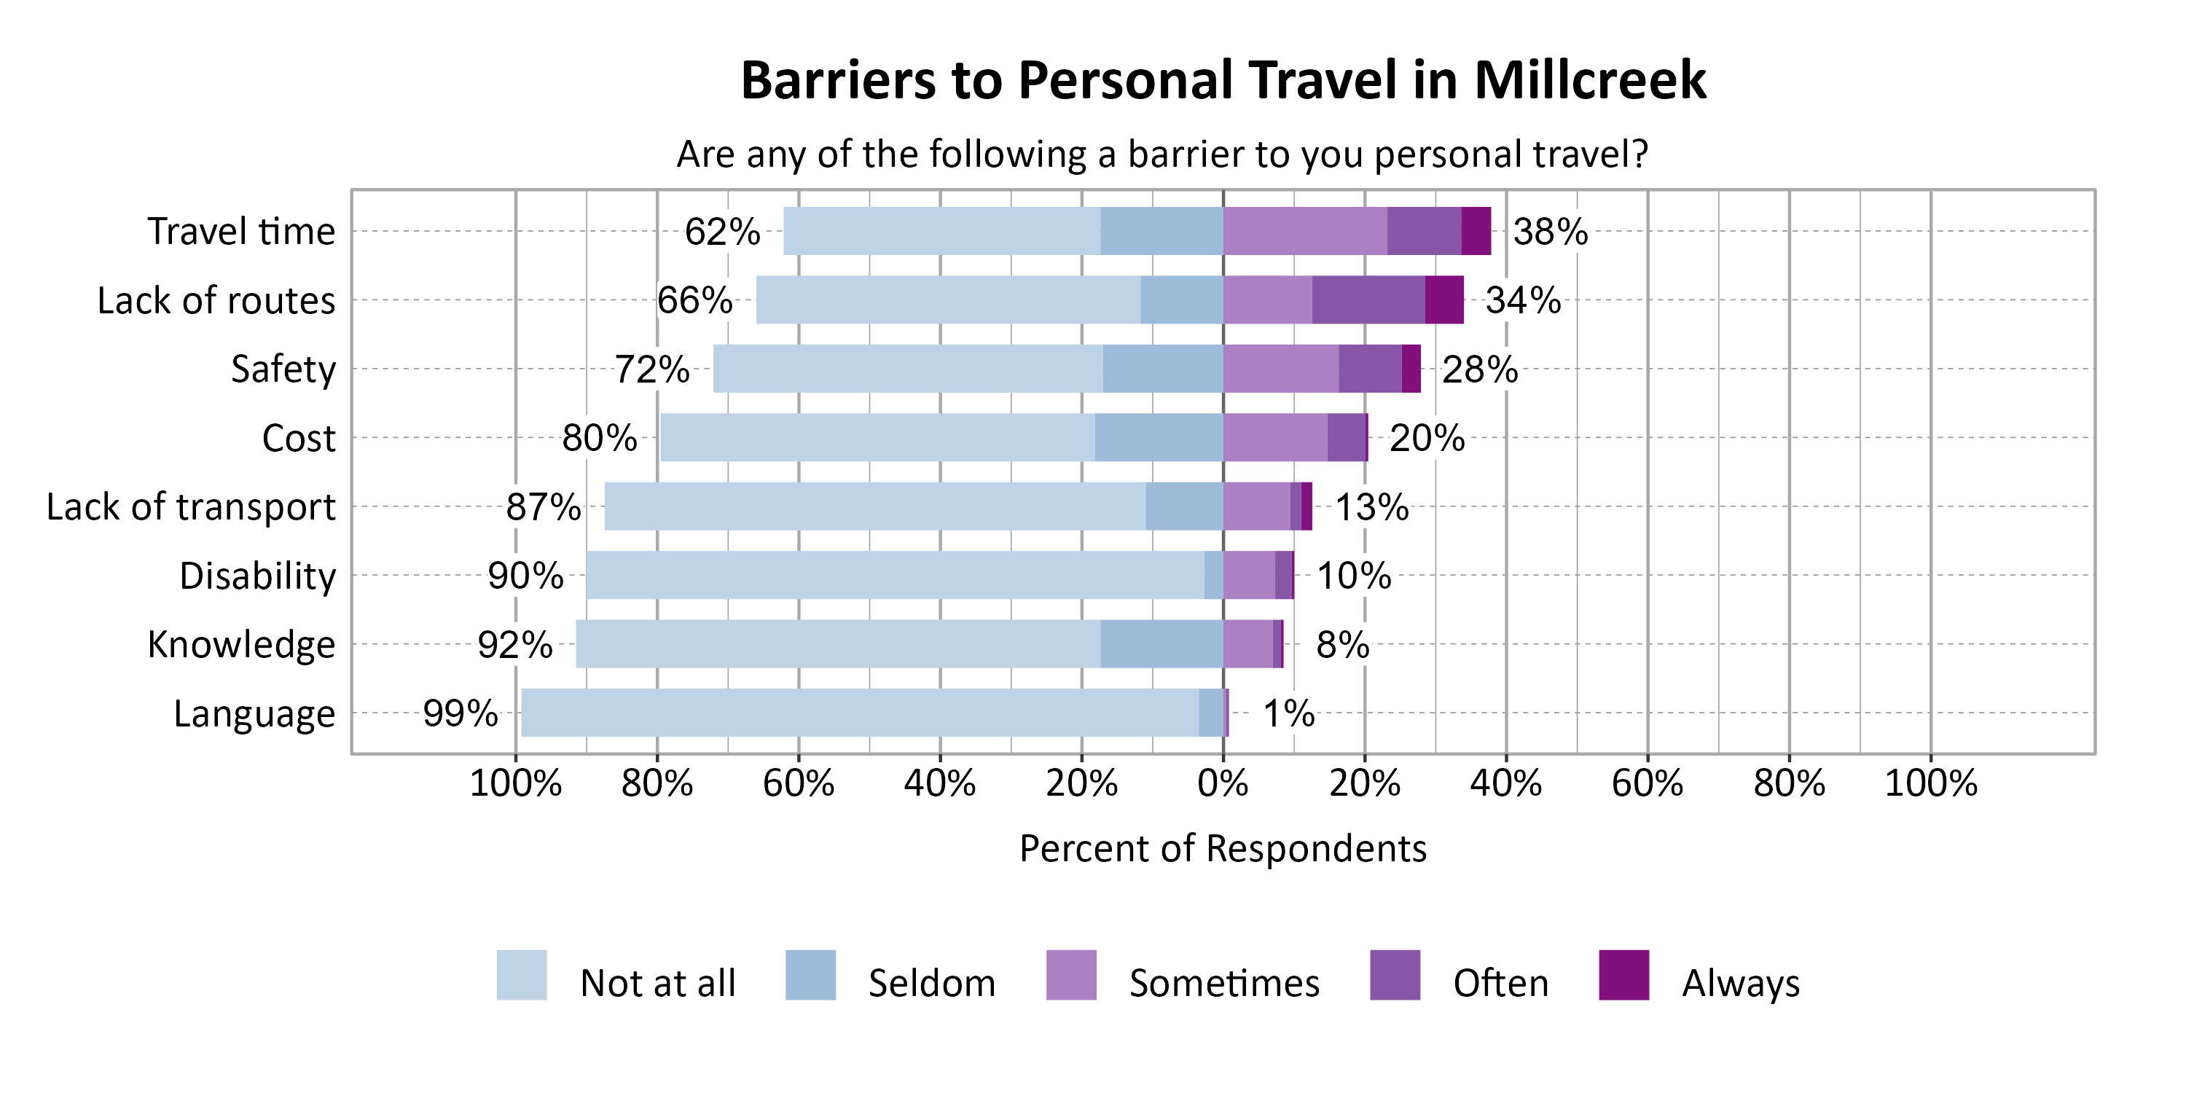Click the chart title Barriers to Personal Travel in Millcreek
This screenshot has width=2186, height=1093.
click(x=1223, y=81)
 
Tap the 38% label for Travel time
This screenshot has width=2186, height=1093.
click(x=1550, y=232)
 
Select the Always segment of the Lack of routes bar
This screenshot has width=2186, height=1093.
click(x=1443, y=299)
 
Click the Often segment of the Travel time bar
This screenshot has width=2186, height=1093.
click(x=1423, y=231)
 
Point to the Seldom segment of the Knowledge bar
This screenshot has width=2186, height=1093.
click(x=1161, y=643)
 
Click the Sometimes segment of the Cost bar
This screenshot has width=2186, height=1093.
click(x=1274, y=437)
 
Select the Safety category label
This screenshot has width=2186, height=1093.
click(x=283, y=369)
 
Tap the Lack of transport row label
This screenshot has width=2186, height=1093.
click(x=191, y=506)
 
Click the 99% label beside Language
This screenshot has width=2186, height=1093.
click(x=460, y=713)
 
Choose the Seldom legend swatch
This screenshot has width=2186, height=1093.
click(x=810, y=975)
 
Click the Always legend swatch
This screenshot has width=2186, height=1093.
click(x=1623, y=975)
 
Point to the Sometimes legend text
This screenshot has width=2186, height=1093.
click(x=1223, y=984)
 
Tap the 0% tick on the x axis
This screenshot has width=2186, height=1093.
click(x=1222, y=783)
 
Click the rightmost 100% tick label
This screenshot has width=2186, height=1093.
click(x=1930, y=783)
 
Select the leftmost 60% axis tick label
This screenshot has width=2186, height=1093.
click(x=798, y=783)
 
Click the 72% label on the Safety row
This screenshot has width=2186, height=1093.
click(x=651, y=369)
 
